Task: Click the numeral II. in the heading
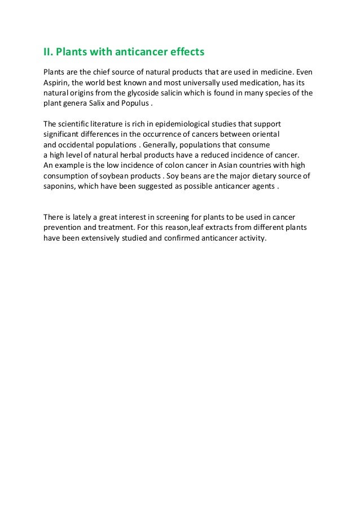coord(49,53)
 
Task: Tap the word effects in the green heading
coord(183,53)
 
